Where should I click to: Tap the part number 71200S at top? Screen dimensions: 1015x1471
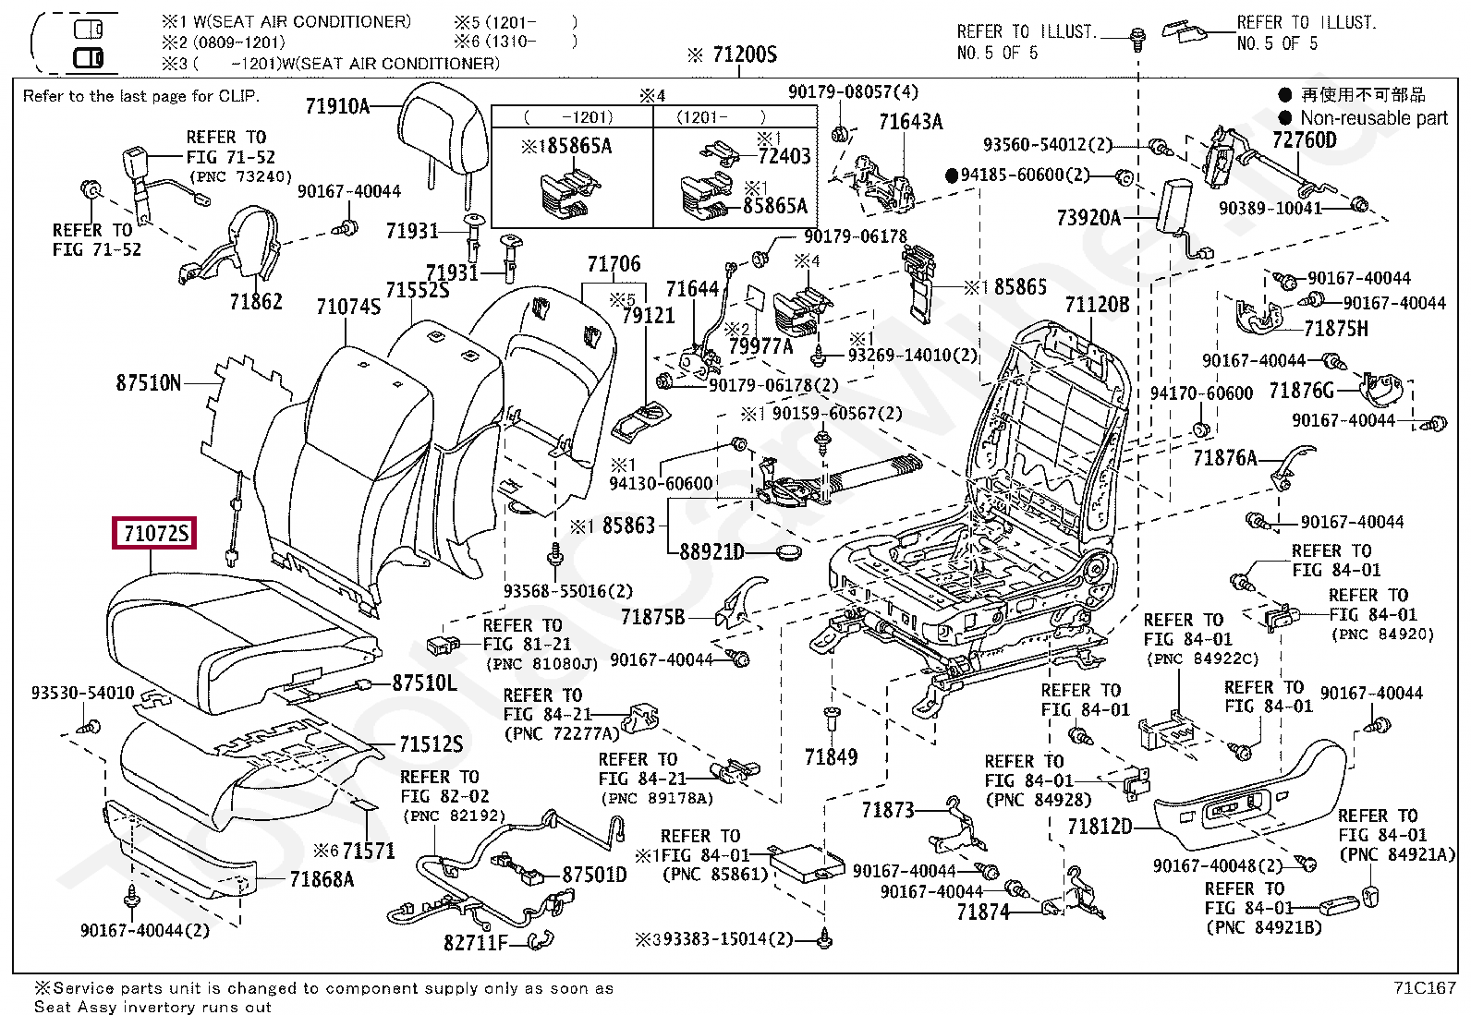pos(745,54)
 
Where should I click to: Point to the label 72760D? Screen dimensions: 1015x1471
pos(1304,139)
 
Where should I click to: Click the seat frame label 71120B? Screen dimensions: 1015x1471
pos(1097,305)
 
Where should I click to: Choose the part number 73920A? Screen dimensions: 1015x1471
pos(1088,218)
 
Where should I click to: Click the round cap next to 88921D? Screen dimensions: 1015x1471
pos(786,553)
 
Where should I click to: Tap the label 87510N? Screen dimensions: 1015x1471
pos(149,382)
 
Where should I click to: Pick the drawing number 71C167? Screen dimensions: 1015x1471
pos(1424,987)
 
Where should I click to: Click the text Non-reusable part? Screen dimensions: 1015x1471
pos(1373,118)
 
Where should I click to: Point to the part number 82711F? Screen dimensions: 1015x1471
pos(475,942)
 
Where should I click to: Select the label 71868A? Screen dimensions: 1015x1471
pos(322,879)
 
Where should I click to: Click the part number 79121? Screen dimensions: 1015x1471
pos(649,316)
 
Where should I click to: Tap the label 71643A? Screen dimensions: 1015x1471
pos(910,122)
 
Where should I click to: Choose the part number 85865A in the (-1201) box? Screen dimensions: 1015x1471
pos(573,146)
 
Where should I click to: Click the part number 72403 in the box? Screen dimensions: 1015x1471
pos(784,156)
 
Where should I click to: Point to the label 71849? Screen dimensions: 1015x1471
pos(831,757)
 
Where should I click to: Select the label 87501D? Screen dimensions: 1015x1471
pos(594,874)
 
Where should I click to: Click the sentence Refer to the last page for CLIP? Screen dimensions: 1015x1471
pos(140,96)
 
